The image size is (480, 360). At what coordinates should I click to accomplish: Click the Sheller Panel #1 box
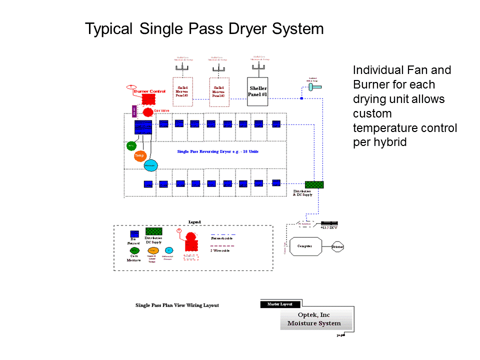coord(258,91)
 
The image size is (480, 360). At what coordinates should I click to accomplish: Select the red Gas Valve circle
coord(147,111)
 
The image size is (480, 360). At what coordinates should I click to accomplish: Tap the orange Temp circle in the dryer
coord(140,156)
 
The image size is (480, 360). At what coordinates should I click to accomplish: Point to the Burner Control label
coord(150,91)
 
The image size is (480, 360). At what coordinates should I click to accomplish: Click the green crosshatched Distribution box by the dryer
coord(314,184)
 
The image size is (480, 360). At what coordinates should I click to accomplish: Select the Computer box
coord(304,246)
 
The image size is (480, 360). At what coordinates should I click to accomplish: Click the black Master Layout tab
coord(280,304)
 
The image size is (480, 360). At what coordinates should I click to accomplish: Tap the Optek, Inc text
coord(314,315)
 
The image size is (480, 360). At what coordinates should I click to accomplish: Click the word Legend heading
coord(194,221)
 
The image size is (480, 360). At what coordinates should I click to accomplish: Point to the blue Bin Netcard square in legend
coord(134,233)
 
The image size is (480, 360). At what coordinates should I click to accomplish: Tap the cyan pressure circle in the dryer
coord(150,164)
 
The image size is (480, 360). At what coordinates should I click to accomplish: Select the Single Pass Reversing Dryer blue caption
coord(217,151)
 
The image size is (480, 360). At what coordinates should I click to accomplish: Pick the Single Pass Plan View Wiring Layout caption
coord(177,305)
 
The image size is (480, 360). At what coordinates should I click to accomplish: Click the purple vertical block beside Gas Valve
coord(134,111)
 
